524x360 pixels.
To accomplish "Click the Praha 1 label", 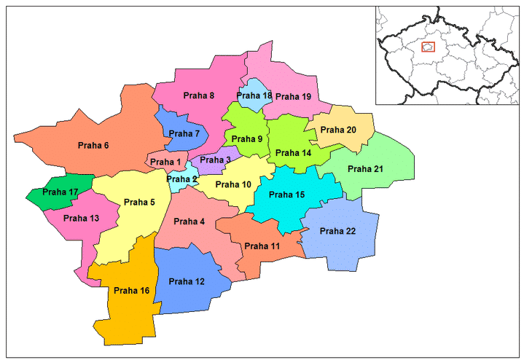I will (168, 162).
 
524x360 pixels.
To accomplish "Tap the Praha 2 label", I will (181, 179).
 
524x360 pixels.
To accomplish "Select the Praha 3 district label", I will (215, 160).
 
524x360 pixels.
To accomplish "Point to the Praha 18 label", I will (254, 96).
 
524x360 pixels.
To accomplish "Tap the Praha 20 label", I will (341, 130).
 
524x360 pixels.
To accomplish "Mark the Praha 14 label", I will (293, 153).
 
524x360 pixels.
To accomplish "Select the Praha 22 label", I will (338, 232).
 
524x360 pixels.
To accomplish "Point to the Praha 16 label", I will (131, 291).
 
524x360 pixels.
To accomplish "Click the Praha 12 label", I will (187, 281).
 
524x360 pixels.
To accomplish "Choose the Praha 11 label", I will (262, 246).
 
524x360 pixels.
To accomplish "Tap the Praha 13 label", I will (81, 218).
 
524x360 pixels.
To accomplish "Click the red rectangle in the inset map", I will (429, 48).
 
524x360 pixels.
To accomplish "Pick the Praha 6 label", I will (93, 146).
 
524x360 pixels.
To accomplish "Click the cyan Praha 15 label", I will (287, 195).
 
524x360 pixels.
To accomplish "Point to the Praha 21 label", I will (365, 169).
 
